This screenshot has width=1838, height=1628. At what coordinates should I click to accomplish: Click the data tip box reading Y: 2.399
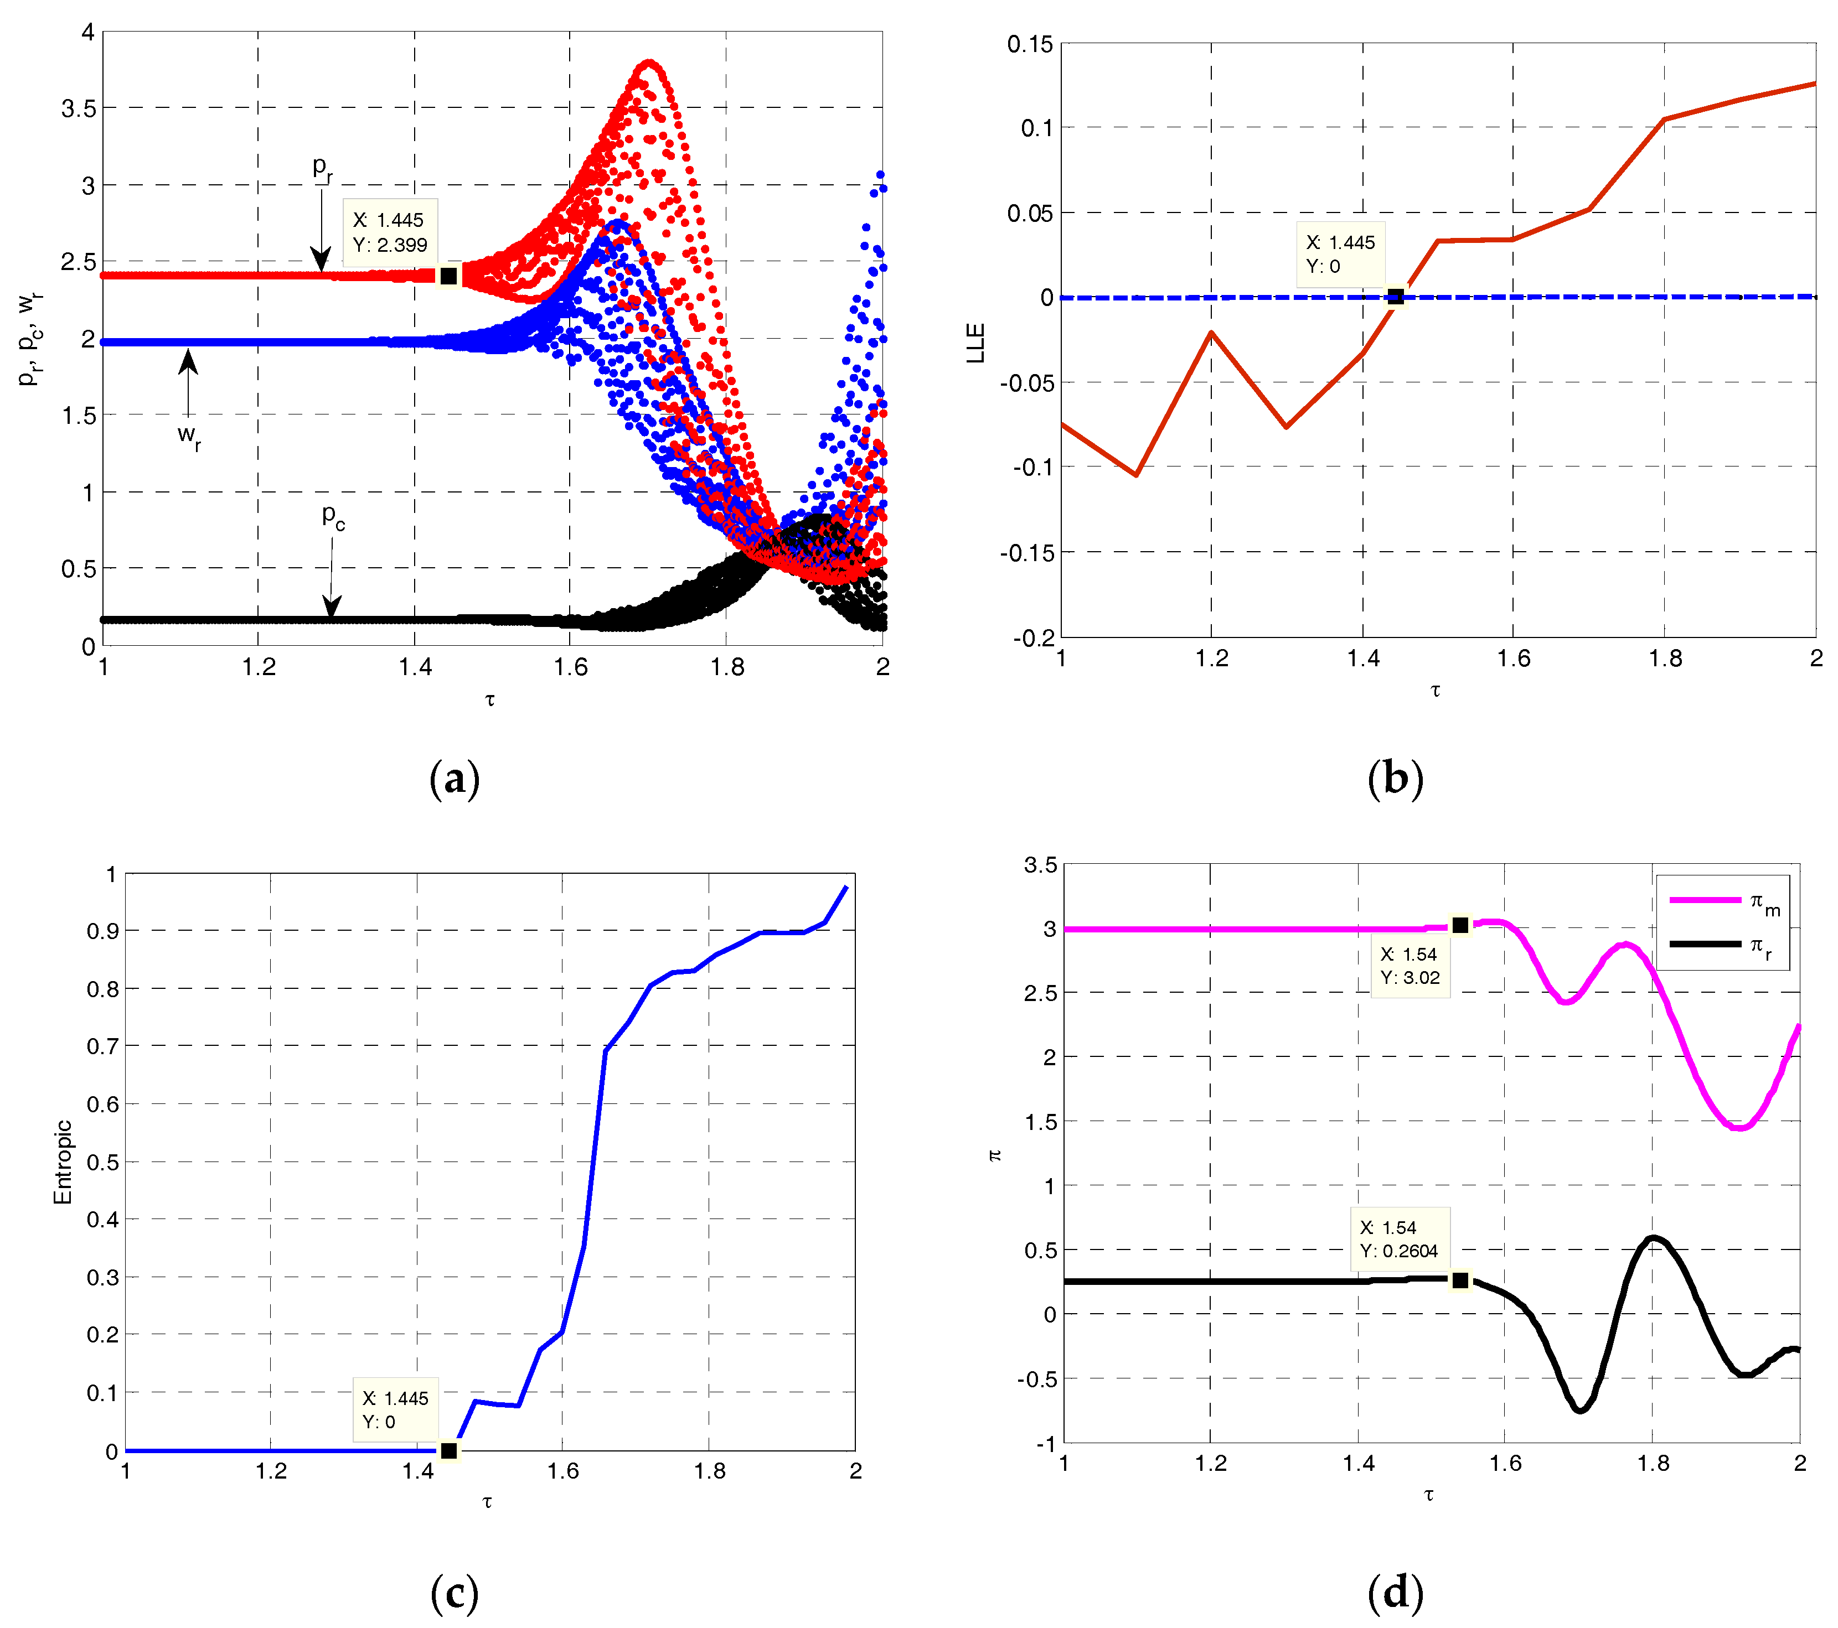coord(389,232)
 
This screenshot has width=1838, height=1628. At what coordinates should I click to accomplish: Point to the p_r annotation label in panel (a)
coord(322,168)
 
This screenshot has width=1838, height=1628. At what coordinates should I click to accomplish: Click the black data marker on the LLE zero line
coord(1395,297)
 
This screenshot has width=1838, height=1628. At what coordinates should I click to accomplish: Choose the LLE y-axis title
coord(975,343)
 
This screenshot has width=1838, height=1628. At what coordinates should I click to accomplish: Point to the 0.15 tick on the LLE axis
coord(1030,44)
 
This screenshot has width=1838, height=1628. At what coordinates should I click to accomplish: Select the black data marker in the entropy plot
coord(449,1451)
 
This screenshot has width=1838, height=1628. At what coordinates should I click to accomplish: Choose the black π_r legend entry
coord(1722,946)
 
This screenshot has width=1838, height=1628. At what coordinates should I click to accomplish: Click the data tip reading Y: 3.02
coord(1409,966)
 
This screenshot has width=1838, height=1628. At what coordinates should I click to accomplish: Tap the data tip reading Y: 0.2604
coord(1398,1239)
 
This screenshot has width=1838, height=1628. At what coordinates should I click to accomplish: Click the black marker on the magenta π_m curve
coord(1460,925)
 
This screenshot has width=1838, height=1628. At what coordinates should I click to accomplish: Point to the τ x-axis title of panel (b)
coord(1435,691)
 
